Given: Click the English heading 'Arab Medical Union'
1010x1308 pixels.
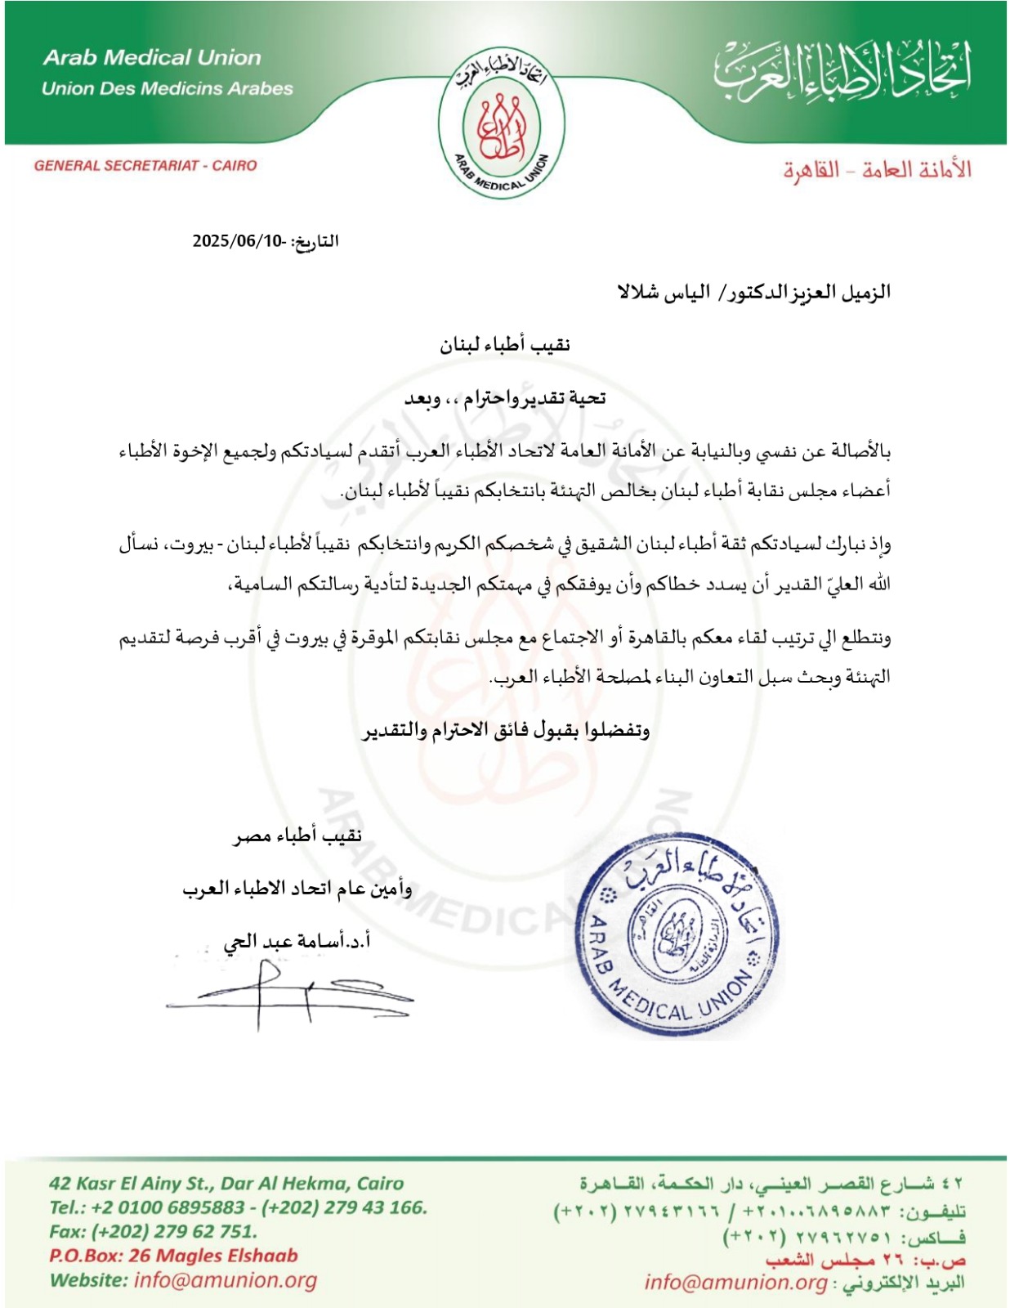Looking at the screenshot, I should pos(153,58).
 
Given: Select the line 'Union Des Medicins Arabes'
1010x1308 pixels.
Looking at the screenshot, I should pos(168,88).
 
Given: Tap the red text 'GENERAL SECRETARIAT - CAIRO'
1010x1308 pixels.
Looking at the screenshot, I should pos(145,166).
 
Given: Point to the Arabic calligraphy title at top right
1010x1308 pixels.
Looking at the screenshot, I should pos(842,69).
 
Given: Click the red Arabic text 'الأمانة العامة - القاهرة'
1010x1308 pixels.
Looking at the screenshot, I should pos(877,170).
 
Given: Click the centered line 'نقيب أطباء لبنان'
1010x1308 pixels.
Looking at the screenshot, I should pos(504,345).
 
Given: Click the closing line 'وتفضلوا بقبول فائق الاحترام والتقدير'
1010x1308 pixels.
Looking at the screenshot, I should pos(506,730).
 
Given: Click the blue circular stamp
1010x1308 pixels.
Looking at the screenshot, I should pos(676,939).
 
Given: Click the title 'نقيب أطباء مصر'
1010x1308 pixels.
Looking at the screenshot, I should pos(297,835).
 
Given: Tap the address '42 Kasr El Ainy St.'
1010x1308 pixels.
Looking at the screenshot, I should pos(131,1183).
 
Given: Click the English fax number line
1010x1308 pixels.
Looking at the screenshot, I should pos(153,1231).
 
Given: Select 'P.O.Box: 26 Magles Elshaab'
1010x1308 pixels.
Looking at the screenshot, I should pos(173,1256).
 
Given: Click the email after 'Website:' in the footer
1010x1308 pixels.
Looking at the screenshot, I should pos(226,1280).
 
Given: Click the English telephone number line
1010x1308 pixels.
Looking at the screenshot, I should pos(238,1207).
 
